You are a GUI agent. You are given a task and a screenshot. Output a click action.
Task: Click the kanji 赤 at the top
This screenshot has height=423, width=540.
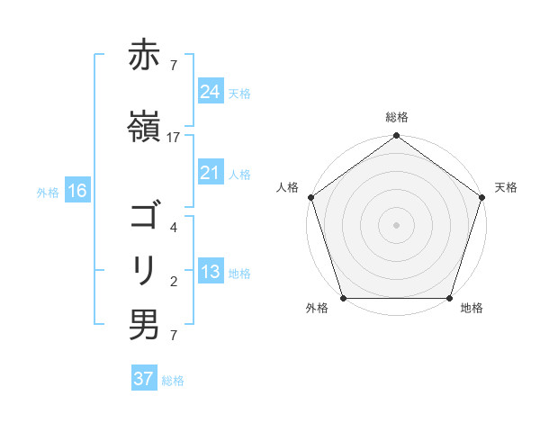(x=144, y=56)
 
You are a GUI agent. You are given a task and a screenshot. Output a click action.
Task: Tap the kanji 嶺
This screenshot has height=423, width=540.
(x=144, y=126)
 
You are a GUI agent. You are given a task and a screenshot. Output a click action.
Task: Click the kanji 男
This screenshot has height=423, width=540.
(x=144, y=325)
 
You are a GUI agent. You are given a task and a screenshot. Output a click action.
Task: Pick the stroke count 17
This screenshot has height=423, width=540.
(x=174, y=137)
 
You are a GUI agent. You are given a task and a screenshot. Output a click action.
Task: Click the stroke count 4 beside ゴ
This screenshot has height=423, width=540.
(x=174, y=229)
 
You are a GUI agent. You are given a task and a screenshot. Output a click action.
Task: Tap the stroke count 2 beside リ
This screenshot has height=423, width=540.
(x=174, y=282)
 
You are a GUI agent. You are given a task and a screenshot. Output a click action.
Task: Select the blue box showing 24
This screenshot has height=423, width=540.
(x=211, y=91)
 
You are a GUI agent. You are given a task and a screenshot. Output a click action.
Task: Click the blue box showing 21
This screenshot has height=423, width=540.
(x=211, y=173)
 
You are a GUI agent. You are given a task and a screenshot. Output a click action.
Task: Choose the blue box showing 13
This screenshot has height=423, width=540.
(x=211, y=272)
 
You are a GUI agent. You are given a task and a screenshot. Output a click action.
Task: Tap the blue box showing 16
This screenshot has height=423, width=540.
(x=77, y=191)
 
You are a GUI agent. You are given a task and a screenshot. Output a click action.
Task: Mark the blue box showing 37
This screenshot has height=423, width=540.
(x=144, y=379)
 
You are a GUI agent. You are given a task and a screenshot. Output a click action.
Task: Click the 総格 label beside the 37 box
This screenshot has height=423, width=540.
(x=173, y=381)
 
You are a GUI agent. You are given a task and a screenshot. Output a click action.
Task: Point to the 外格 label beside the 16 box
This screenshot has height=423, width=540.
(x=48, y=192)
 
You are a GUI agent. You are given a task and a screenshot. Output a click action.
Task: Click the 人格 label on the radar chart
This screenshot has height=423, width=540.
(x=288, y=187)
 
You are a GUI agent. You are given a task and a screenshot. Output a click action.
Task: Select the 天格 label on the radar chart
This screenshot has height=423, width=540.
(x=506, y=187)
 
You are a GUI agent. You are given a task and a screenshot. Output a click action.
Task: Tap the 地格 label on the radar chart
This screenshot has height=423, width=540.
(x=472, y=309)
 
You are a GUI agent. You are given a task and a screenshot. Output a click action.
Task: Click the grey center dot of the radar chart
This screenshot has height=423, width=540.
(x=396, y=225)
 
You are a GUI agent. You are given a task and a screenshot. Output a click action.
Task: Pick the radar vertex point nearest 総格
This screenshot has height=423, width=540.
(x=396, y=137)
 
